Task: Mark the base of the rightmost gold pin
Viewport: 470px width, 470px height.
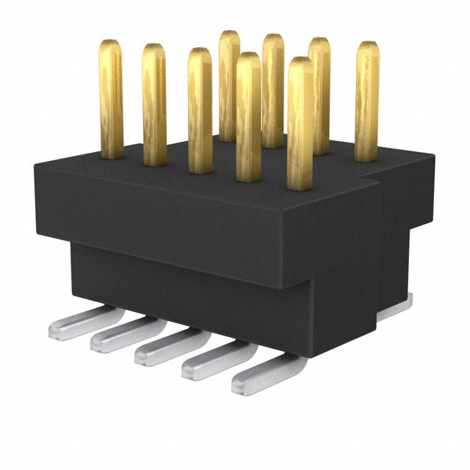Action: pyautogui.click(x=367, y=158)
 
